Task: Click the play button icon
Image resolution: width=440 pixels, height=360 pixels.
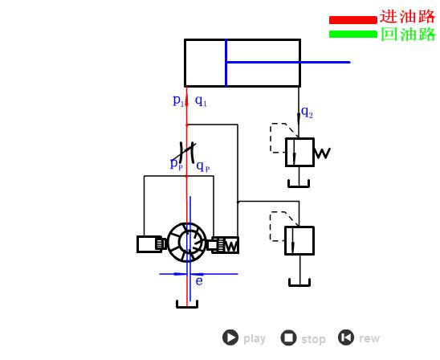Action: tap(230, 337)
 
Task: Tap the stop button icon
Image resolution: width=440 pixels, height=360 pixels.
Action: tap(288, 337)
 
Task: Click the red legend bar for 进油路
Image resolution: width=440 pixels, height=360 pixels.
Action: tap(353, 20)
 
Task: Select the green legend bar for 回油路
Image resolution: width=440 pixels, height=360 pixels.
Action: tap(353, 34)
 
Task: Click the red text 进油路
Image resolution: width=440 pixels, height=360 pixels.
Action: tap(407, 16)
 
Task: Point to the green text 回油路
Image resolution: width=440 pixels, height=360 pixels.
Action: tap(409, 34)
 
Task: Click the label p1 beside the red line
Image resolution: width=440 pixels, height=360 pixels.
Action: tap(178, 100)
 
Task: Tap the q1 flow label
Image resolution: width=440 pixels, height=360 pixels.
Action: tap(201, 100)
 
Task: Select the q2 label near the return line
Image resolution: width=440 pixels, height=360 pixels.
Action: tap(307, 112)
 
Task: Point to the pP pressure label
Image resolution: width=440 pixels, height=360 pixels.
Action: tap(177, 164)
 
